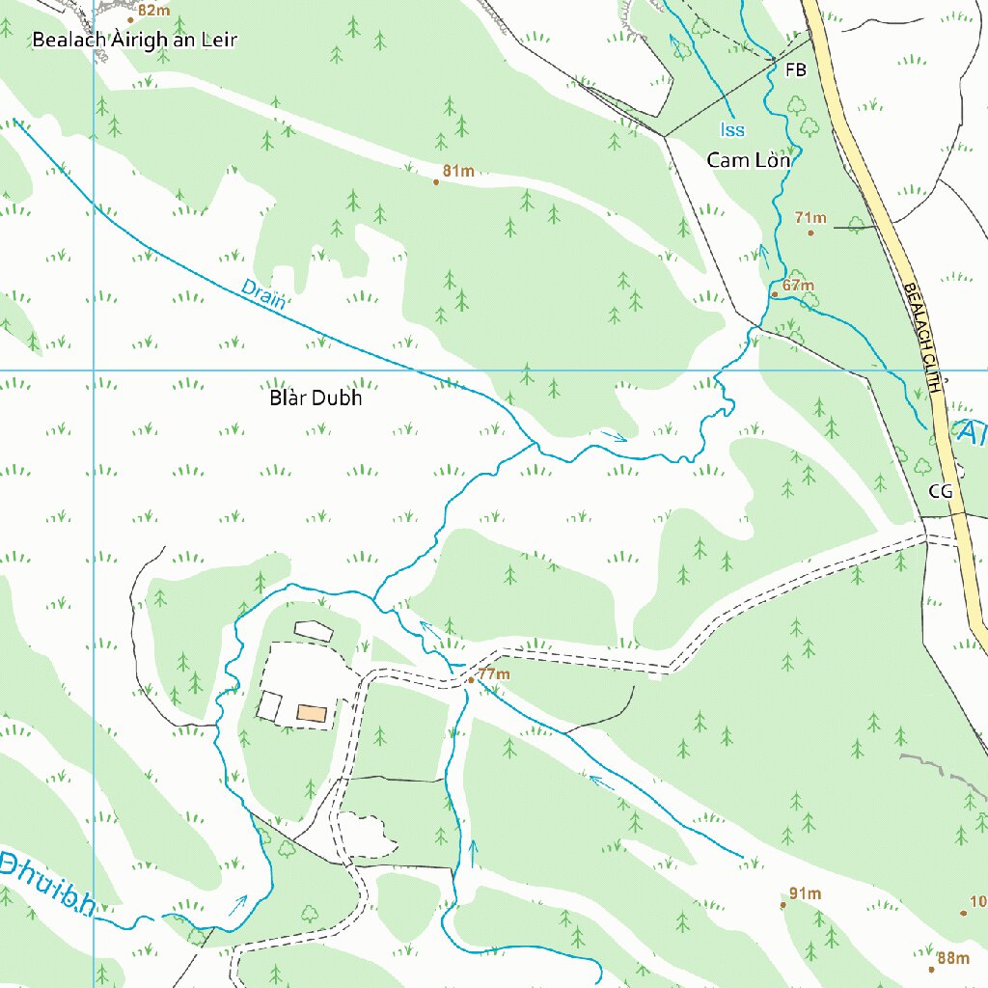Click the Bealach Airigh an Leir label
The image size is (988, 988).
pos(134,40)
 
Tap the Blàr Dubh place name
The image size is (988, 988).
pos(316,398)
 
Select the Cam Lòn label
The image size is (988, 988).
pos(749,160)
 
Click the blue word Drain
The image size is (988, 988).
pos(263,292)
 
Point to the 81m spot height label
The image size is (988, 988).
pos(458,172)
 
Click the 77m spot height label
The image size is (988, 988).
pos(493,673)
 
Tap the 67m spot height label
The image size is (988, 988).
pos(798,286)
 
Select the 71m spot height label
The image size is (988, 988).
pos(810,218)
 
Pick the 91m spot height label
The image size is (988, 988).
pos(805,893)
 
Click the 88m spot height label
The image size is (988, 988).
pos(953,958)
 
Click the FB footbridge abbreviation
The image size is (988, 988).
pos(796,70)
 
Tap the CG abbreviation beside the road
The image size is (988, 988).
pos(940,491)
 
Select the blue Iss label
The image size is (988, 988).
pos(732,130)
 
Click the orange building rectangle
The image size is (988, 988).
pos(312,713)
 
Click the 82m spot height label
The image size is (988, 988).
pos(153,11)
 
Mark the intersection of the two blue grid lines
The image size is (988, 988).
pos(94,370)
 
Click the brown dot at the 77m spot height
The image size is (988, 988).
pos(470,680)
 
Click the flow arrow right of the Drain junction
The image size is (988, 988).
pos(615,437)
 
